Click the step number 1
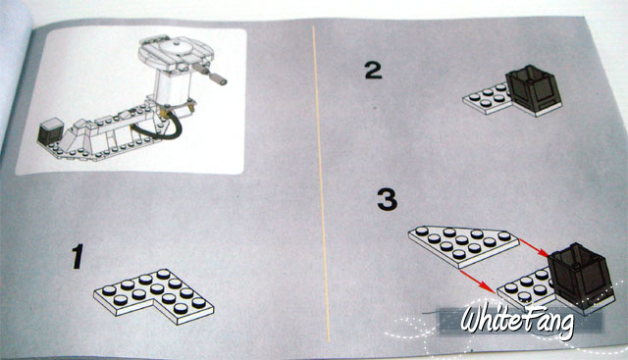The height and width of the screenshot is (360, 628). coord(78,256)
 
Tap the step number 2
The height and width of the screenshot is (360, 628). coord(373,70)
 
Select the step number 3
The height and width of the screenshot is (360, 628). coord(388,200)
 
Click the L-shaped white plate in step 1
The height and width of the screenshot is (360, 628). coord(154,295)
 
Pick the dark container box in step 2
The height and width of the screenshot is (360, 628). coord(533,89)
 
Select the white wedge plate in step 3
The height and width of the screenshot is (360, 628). coord(464,245)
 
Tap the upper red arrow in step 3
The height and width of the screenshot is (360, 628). coord(534,248)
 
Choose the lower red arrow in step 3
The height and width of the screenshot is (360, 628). coord(478,281)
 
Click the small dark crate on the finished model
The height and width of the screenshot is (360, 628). coord(50,130)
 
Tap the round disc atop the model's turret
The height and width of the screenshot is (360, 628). coord(177,47)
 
